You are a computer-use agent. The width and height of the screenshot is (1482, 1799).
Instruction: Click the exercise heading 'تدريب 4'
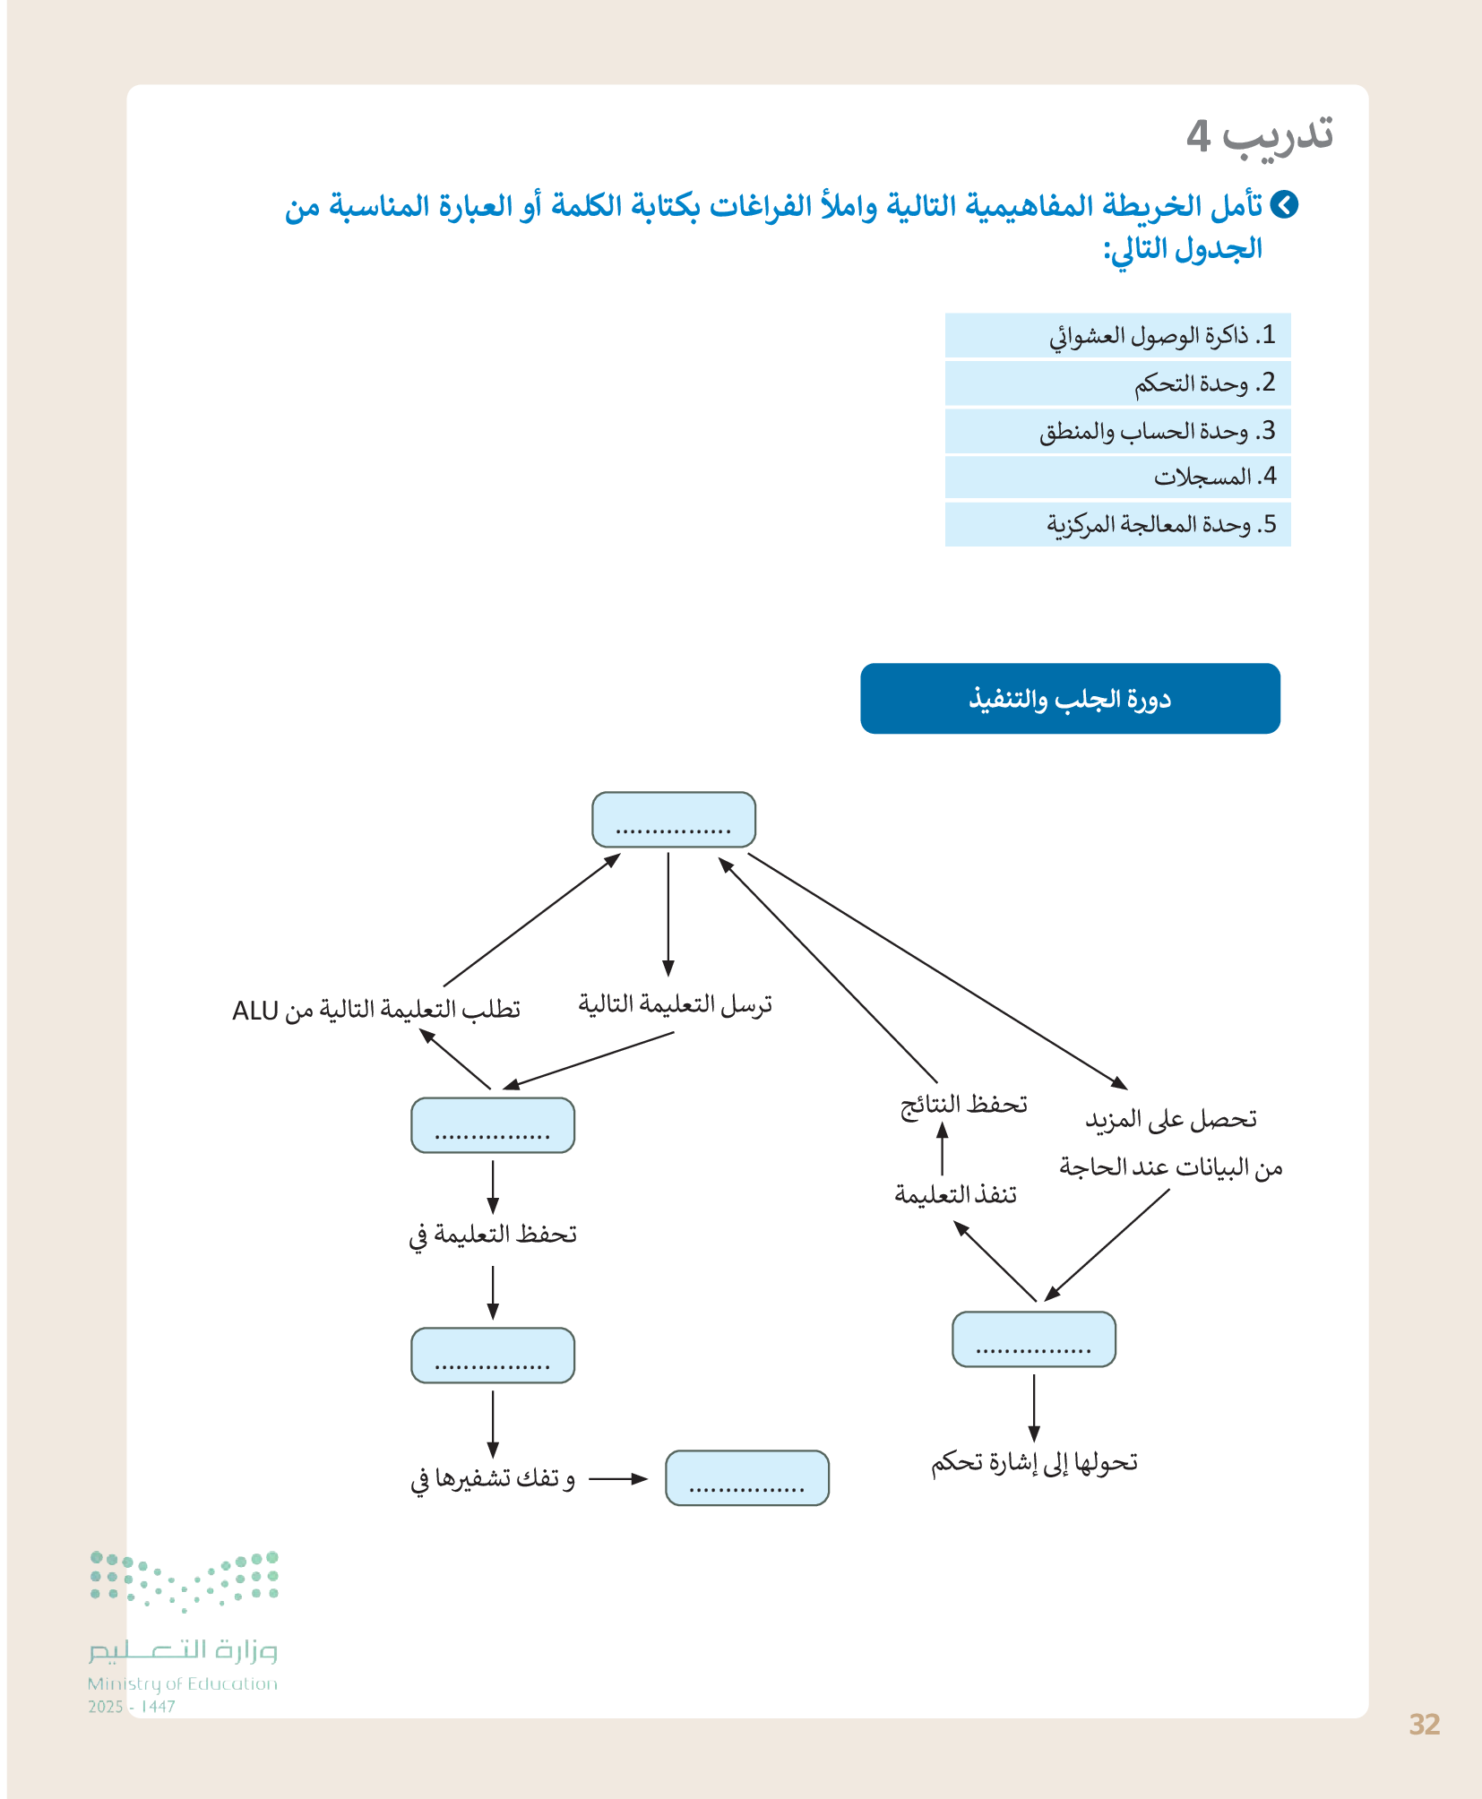coord(1259,135)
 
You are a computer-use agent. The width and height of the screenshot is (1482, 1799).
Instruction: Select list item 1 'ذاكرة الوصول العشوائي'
coord(1161,336)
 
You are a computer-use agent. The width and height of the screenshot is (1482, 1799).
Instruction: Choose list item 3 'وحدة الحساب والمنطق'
coord(1156,432)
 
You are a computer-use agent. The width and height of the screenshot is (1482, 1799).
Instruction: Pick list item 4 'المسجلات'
coord(1214,478)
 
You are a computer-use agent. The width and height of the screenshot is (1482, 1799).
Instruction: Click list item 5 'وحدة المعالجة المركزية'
coord(1160,524)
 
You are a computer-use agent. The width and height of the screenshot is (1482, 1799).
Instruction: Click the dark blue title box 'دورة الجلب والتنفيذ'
coord(1070,699)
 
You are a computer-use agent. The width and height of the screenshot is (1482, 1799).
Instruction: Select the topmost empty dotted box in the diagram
coord(674,820)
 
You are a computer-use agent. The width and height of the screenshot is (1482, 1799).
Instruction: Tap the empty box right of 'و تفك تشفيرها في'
coord(746,1478)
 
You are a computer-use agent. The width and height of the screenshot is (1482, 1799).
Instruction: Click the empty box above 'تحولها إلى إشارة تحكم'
coord(1033,1339)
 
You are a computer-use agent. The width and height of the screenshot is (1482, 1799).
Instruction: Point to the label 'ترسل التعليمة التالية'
coord(675,1005)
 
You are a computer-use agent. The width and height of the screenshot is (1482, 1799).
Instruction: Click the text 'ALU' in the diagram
coord(255,1011)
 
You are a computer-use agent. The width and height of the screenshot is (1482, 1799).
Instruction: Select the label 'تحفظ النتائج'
coord(963,1105)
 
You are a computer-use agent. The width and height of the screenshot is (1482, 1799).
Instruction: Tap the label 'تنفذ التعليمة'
coord(955,1195)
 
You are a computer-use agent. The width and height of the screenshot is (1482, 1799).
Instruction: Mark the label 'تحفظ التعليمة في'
coord(493,1235)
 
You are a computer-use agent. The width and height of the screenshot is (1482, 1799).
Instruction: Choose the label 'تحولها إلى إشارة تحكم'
coord(1034,1463)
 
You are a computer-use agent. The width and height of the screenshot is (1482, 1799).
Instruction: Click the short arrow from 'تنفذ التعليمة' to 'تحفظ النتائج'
coord(942,1149)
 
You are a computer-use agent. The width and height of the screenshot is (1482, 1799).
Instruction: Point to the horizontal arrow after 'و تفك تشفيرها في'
coord(617,1479)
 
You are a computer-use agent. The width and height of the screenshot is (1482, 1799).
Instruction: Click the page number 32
coord(1424,1725)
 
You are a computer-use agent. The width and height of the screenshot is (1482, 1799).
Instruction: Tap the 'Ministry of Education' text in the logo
coord(183,1684)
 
